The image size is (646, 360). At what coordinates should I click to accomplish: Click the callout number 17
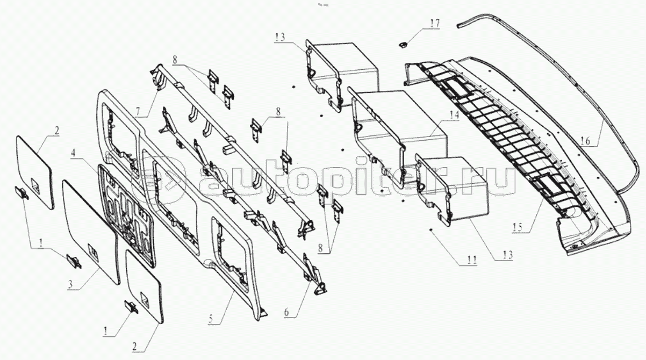[x=434, y=24]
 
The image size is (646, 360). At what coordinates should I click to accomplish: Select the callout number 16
[x=585, y=141]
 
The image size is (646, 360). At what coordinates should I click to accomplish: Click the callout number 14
[x=454, y=114]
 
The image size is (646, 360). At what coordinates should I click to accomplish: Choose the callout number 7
[x=139, y=112]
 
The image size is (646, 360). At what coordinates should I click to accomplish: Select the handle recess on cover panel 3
[x=92, y=250]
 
